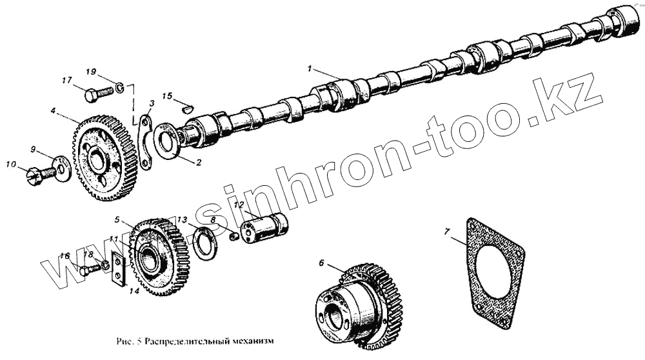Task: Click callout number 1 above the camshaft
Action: [x=310, y=68]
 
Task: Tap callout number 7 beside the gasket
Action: [x=446, y=230]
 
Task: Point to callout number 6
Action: [x=321, y=263]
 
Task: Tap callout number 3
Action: [x=151, y=104]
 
